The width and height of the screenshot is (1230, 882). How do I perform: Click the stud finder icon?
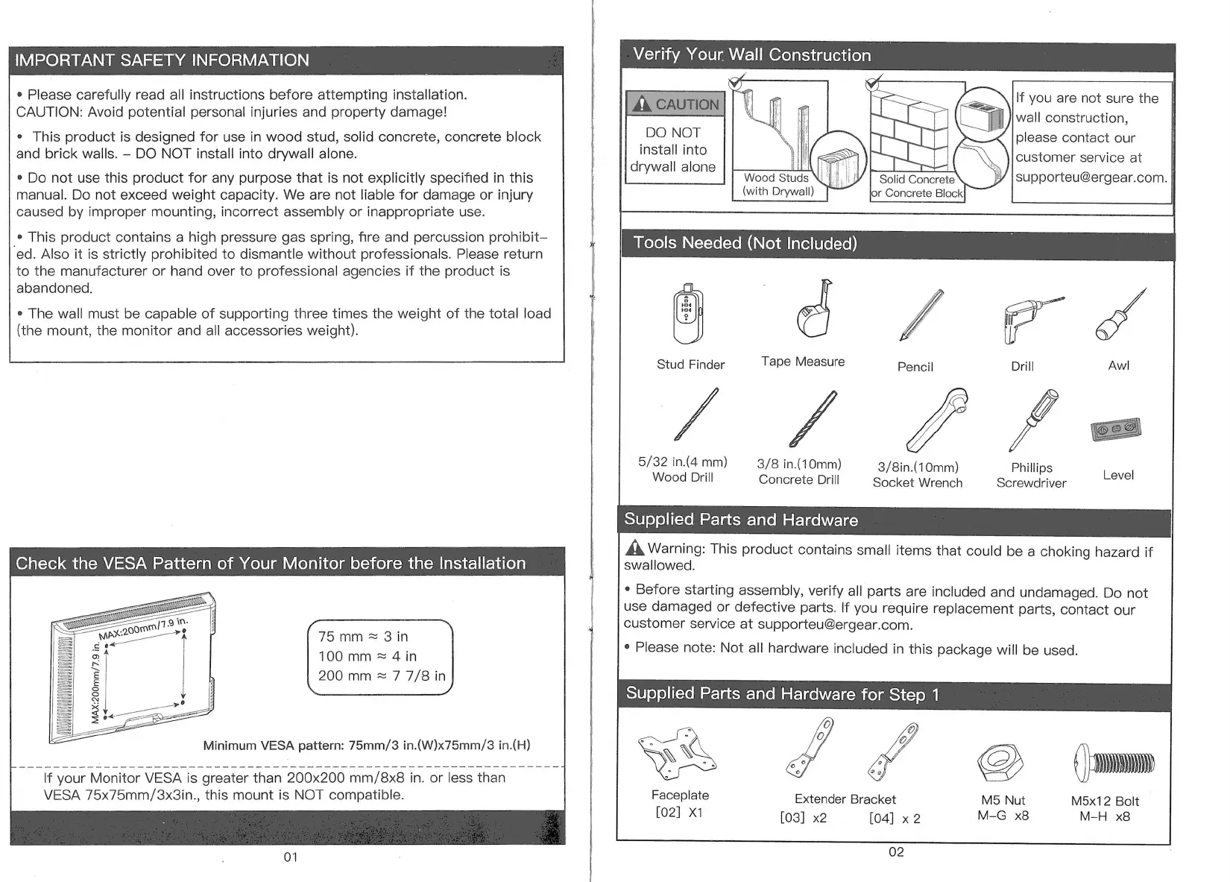point(687,314)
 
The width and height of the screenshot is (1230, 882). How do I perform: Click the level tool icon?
point(1115,429)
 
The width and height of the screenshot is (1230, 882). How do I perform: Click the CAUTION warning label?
point(675,104)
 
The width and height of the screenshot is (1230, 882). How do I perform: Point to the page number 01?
point(291,857)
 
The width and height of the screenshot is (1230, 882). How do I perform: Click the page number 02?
point(896,852)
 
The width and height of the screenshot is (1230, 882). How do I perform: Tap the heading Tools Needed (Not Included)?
point(745,244)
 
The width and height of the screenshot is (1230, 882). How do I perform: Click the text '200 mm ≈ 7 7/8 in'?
point(382,676)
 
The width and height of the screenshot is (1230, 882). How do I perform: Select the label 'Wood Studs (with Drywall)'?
point(778,185)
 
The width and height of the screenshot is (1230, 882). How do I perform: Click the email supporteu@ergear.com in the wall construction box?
point(1091,177)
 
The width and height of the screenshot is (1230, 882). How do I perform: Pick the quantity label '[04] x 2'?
point(895,819)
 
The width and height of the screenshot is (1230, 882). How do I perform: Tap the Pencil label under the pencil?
point(915,367)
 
